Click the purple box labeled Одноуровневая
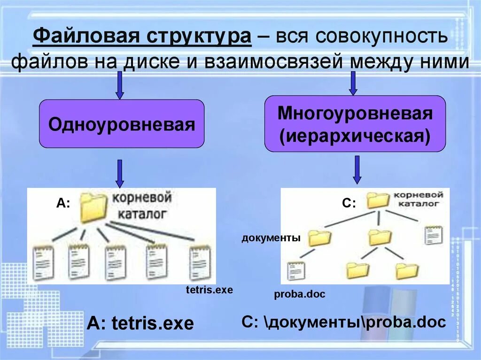pyautogui.click(x=121, y=124)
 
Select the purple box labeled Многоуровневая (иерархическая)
pyautogui.click(x=355, y=124)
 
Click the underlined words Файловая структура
pyautogui.click(x=142, y=37)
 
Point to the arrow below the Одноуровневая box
pyautogui.click(x=120, y=173)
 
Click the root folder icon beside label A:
pyautogui.click(x=93, y=207)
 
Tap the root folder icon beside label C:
pyautogui.click(x=378, y=200)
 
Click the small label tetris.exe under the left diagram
pyautogui.click(x=209, y=290)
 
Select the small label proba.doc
pyautogui.click(x=300, y=294)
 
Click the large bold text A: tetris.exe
pyautogui.click(x=140, y=323)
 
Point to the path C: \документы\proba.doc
pyautogui.click(x=344, y=322)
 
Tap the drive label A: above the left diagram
pyautogui.click(x=63, y=203)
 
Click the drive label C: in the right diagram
pyautogui.click(x=349, y=203)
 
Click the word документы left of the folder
pyautogui.click(x=271, y=238)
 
